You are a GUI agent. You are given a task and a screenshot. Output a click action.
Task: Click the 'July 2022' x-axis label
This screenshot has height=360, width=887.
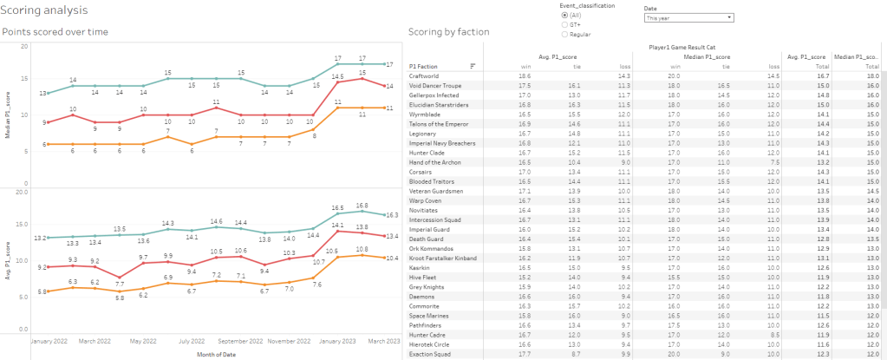[192, 341]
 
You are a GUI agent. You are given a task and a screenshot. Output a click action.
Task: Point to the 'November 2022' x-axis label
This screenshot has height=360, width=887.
[289, 341]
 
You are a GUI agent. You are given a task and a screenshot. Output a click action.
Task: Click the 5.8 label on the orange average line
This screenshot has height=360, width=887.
[120, 298]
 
